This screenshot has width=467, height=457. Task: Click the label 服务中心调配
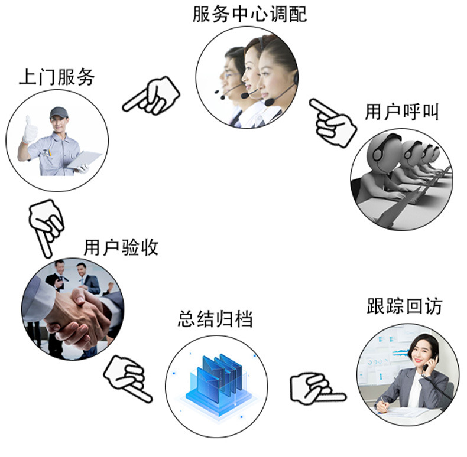[249, 14]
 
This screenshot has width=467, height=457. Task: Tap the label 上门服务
[57, 77]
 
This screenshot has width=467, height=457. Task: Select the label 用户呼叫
[401, 112]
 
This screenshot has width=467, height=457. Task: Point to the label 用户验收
[121, 247]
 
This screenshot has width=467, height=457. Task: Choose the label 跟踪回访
[404, 306]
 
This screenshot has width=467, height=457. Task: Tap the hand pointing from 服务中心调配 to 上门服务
[152, 96]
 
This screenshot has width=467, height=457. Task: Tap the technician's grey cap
[58, 112]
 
